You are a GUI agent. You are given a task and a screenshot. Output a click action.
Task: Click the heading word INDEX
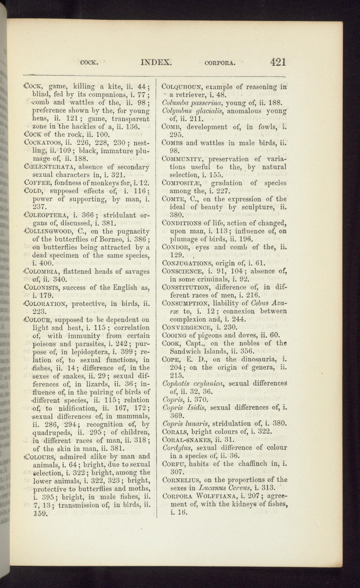point(156,62)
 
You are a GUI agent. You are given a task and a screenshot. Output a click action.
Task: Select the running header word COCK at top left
point(89,63)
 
